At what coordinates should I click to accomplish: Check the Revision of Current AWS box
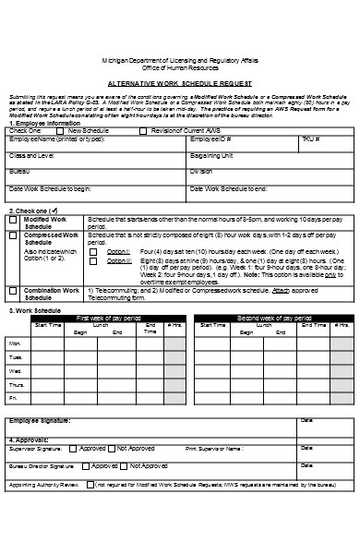tap(143, 131)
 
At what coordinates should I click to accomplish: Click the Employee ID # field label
tap(210, 138)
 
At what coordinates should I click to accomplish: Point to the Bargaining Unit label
tap(213, 155)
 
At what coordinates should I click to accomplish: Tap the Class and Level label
tap(32, 155)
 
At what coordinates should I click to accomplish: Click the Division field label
tap(200, 171)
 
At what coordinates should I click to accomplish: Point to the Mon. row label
tap(16, 343)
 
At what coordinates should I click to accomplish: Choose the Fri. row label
tap(14, 398)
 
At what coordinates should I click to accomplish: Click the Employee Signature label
tap(39, 421)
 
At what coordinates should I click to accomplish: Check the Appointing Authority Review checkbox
tap(90, 484)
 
